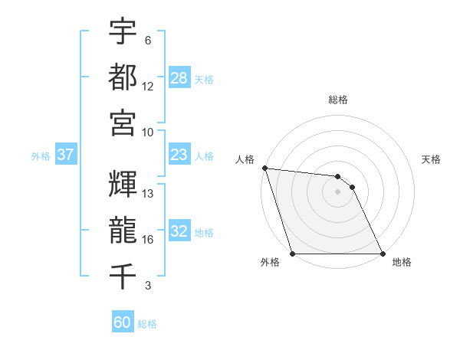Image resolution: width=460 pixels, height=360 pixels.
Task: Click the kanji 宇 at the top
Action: point(123,32)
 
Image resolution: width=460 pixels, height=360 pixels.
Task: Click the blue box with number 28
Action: point(179,78)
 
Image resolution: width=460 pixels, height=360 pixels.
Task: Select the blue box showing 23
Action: point(179,155)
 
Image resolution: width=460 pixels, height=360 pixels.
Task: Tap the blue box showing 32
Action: point(179,231)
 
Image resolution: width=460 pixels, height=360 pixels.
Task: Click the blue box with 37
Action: point(66,155)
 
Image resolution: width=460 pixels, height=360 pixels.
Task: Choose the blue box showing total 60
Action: point(123,322)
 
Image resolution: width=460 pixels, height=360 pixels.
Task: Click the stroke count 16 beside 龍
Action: point(148,240)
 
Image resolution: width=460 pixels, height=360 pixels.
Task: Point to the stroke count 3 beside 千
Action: point(148,286)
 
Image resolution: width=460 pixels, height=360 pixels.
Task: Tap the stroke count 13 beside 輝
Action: point(148,194)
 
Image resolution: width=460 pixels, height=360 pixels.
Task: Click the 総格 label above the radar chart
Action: point(338,100)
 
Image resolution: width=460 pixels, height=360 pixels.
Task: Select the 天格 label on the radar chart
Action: point(432,159)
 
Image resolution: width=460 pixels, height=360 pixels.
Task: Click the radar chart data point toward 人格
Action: point(264,168)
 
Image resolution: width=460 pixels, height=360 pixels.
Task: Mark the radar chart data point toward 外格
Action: point(293,254)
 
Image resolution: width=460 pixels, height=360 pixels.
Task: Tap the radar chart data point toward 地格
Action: point(383,254)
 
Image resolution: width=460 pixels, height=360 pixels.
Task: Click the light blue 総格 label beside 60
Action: point(148,324)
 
